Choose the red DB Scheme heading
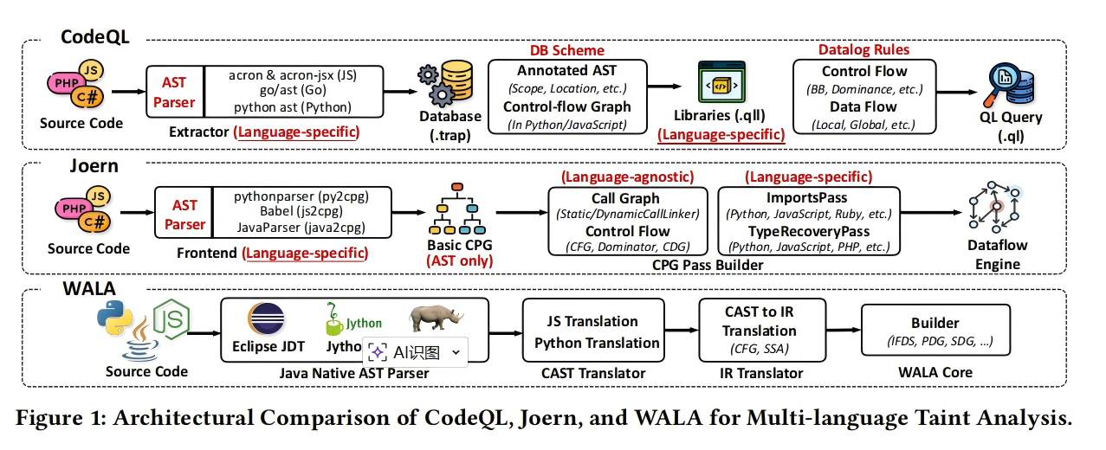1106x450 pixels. pos(567,50)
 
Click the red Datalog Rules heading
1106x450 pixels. pos(863,50)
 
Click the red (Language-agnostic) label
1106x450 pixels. pos(627,177)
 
